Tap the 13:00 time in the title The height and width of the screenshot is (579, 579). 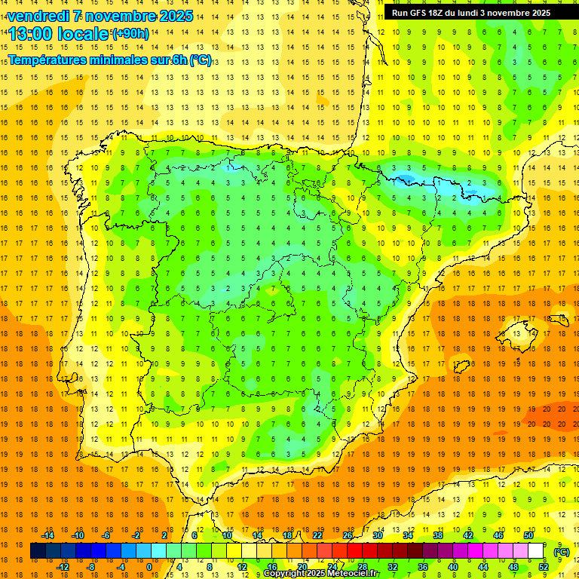click(x=32, y=34)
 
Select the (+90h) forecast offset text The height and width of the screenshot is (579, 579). click(x=130, y=34)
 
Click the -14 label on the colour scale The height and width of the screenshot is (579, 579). click(x=47, y=535)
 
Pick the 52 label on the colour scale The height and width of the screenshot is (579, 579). click(x=544, y=566)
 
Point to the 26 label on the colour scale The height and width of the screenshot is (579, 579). click(x=348, y=535)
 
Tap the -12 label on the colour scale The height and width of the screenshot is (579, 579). click(x=63, y=566)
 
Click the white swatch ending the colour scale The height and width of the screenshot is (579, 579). click(x=536, y=551)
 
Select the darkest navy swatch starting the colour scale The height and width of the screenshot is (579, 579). click(x=38, y=551)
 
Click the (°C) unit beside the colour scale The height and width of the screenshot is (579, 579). click(x=562, y=552)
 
